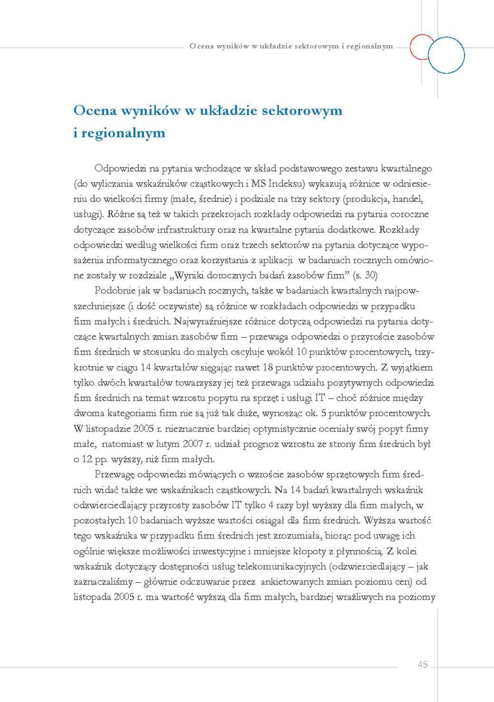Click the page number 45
[x=422, y=664]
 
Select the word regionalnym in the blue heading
[x=123, y=133]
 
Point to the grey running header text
[x=291, y=46]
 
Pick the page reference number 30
[x=371, y=275]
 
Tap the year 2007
[x=193, y=444]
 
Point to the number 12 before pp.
[x=87, y=459]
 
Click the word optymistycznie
[x=282, y=428]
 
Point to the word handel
[x=408, y=199]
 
